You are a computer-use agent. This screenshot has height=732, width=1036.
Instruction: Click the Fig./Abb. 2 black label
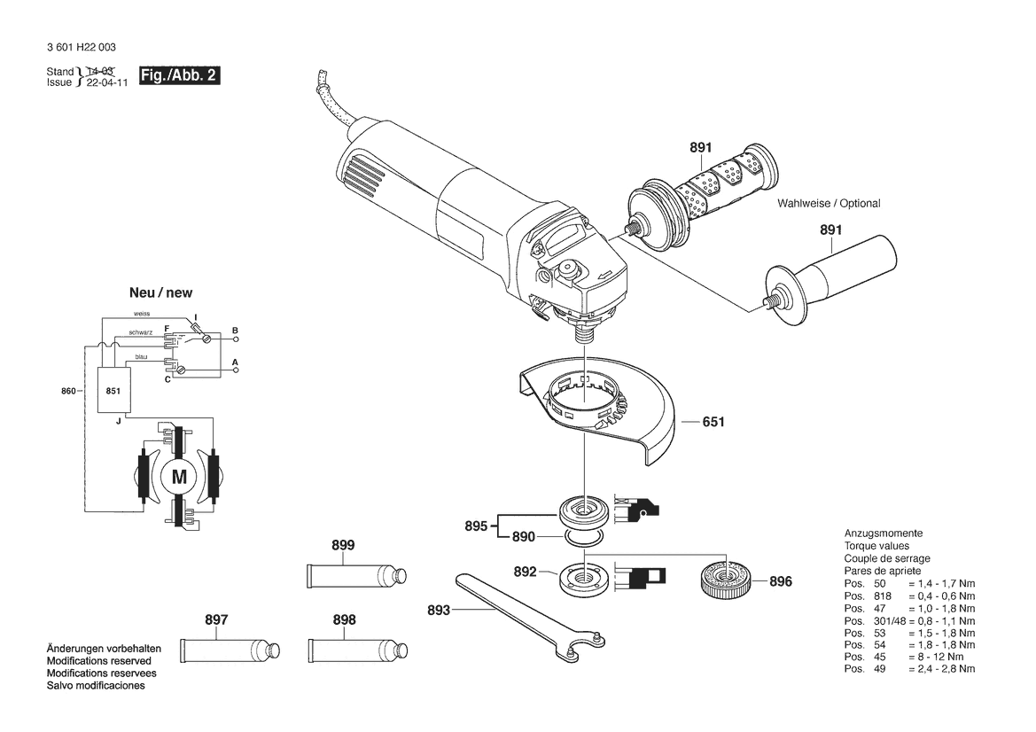[179, 75]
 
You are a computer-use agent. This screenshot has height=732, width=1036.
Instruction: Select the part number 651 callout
[713, 422]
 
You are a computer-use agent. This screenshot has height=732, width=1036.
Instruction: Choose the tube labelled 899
[357, 575]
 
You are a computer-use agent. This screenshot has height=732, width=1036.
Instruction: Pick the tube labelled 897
[229, 650]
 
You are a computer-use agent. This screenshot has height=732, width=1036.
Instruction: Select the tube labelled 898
[357, 650]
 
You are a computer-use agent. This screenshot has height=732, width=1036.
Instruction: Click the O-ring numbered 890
[585, 537]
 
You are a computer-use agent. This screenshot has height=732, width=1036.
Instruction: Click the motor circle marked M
[179, 476]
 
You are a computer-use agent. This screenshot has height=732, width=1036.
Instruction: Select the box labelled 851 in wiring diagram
[113, 391]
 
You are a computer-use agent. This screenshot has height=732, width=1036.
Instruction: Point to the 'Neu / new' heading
[160, 292]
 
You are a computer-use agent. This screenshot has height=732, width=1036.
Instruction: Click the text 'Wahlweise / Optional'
[829, 204]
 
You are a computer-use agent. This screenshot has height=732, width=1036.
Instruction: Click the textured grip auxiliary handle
[702, 197]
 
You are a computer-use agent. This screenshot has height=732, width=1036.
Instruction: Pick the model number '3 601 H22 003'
[82, 48]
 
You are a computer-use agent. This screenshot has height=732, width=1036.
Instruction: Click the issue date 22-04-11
[107, 83]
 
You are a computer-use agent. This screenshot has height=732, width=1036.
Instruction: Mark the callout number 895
[476, 526]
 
